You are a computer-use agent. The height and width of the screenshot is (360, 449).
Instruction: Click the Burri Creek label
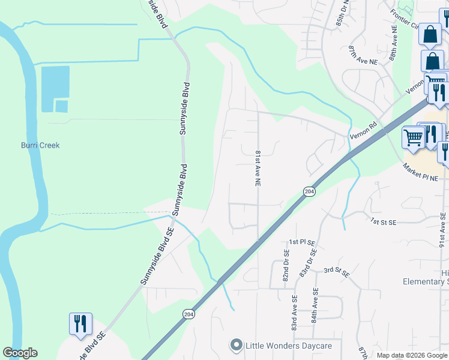point(40,145)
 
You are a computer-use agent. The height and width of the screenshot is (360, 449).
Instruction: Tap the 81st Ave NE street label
point(258,167)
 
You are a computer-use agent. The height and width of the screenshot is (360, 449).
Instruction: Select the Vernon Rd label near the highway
point(364,132)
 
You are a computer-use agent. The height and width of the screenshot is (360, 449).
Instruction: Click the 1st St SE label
point(384,221)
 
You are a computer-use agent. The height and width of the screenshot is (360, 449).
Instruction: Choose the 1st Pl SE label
point(302,241)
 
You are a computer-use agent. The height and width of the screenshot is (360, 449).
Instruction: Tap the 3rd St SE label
point(337,272)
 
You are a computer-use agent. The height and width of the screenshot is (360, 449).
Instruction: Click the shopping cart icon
point(414,137)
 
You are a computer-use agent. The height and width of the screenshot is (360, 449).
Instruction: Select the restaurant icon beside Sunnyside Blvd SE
point(80,324)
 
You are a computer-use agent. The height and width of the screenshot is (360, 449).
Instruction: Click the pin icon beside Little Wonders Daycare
point(236,345)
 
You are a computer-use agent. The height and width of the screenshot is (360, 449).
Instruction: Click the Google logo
point(20,353)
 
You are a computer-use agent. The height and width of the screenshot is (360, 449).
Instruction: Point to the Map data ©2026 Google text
point(411,355)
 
